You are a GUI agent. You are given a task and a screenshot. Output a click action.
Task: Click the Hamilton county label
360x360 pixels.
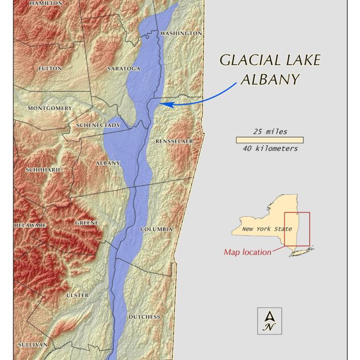click(46, 3)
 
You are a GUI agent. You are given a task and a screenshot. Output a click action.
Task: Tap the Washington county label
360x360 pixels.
click(181, 33)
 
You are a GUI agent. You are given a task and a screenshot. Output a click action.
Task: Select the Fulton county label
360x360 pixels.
click(50, 68)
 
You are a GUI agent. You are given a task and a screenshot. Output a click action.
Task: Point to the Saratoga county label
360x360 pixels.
click(124, 68)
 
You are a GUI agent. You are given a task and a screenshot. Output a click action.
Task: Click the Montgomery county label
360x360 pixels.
click(50, 109)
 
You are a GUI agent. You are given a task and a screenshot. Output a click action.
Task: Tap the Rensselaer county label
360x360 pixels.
click(174, 141)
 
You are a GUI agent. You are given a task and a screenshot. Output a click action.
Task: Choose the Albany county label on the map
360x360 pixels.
click(107, 163)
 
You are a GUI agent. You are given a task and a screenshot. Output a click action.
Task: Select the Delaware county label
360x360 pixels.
click(30, 225)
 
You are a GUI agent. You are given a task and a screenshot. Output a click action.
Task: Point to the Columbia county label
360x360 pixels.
click(156, 229)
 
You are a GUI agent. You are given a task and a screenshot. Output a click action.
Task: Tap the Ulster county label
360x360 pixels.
click(78, 296)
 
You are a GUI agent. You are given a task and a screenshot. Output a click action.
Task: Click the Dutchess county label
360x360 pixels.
click(144, 317)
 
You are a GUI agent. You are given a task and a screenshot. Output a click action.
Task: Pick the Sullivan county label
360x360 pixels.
click(32, 345)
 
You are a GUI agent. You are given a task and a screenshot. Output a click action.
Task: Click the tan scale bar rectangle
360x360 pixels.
click(269, 140)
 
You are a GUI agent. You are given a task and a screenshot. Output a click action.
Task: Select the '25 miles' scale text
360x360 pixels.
click(270, 132)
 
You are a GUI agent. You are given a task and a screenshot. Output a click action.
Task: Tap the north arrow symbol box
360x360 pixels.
click(269, 321)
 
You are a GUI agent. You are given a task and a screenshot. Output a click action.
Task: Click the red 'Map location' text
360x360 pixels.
click(247, 252)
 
